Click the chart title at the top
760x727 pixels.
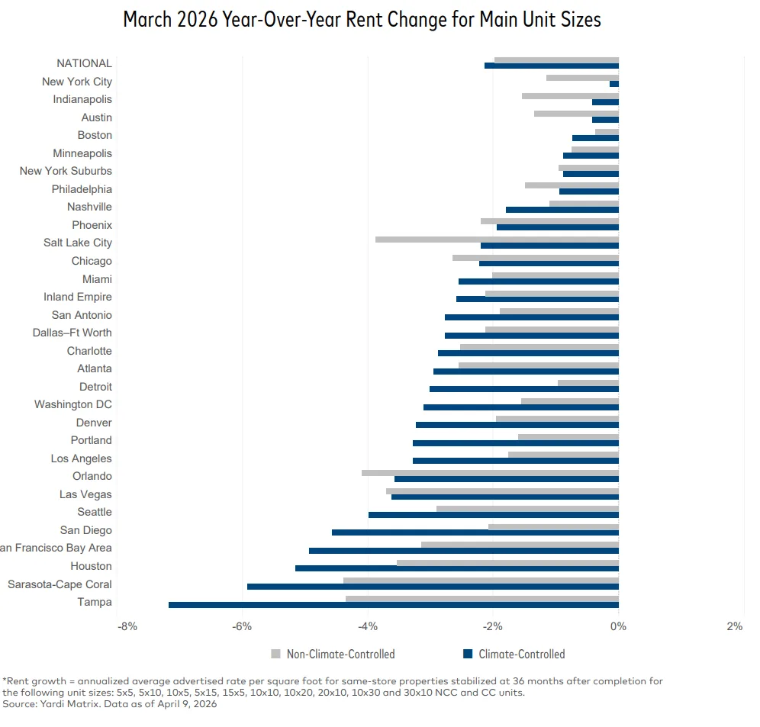point(362,20)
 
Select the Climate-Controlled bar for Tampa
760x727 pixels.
point(393,605)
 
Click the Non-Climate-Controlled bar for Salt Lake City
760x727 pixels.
point(496,240)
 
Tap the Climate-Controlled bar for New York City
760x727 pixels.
point(614,84)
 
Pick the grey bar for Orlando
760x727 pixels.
point(490,473)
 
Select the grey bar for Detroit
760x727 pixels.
point(588,383)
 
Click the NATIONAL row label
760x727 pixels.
point(84,63)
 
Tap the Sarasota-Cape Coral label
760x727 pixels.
point(60,584)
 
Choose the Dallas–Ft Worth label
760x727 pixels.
point(72,333)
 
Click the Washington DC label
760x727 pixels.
point(72,404)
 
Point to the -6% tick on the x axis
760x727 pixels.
point(243,626)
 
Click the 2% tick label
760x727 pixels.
point(734,626)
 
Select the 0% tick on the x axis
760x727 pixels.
point(618,626)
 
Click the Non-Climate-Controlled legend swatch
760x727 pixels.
point(276,654)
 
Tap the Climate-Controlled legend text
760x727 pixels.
point(522,654)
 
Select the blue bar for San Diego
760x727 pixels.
point(475,532)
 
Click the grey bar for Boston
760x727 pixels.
point(607,132)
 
